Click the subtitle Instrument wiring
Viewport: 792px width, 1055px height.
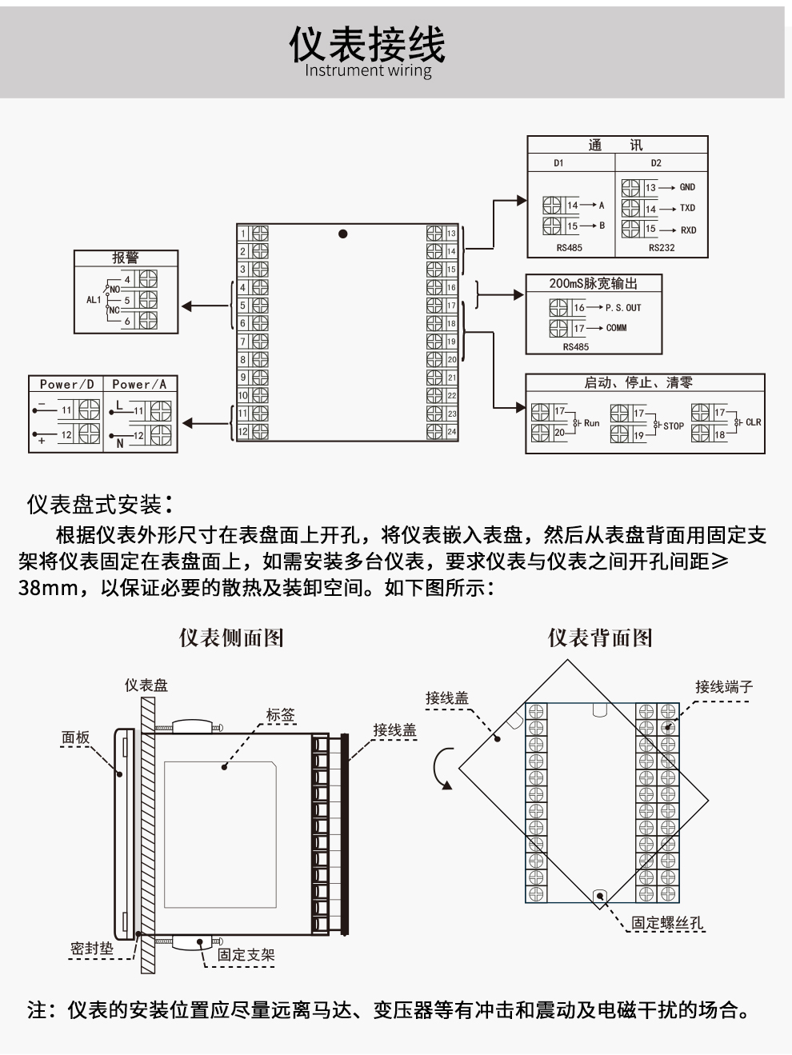point(367,70)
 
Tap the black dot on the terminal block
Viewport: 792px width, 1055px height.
point(343,234)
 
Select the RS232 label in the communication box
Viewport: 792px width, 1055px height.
point(662,248)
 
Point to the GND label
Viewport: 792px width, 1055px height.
point(687,187)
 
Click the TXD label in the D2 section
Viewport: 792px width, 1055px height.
point(687,208)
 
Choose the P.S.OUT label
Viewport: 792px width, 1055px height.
point(623,308)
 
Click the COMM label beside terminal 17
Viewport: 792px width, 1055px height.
point(616,328)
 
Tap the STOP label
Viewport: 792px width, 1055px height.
point(674,426)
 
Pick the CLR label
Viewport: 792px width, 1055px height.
point(753,422)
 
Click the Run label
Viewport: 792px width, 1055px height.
point(591,423)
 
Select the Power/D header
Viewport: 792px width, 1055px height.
point(67,385)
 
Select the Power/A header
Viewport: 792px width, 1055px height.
point(139,385)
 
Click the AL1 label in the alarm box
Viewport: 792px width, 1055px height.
point(94,300)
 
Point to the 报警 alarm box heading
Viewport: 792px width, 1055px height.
point(125,258)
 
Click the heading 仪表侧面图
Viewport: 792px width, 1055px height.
point(231,637)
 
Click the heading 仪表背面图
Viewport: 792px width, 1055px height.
point(600,637)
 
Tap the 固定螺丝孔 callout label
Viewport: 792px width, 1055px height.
point(667,922)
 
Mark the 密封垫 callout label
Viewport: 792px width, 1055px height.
point(91,949)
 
